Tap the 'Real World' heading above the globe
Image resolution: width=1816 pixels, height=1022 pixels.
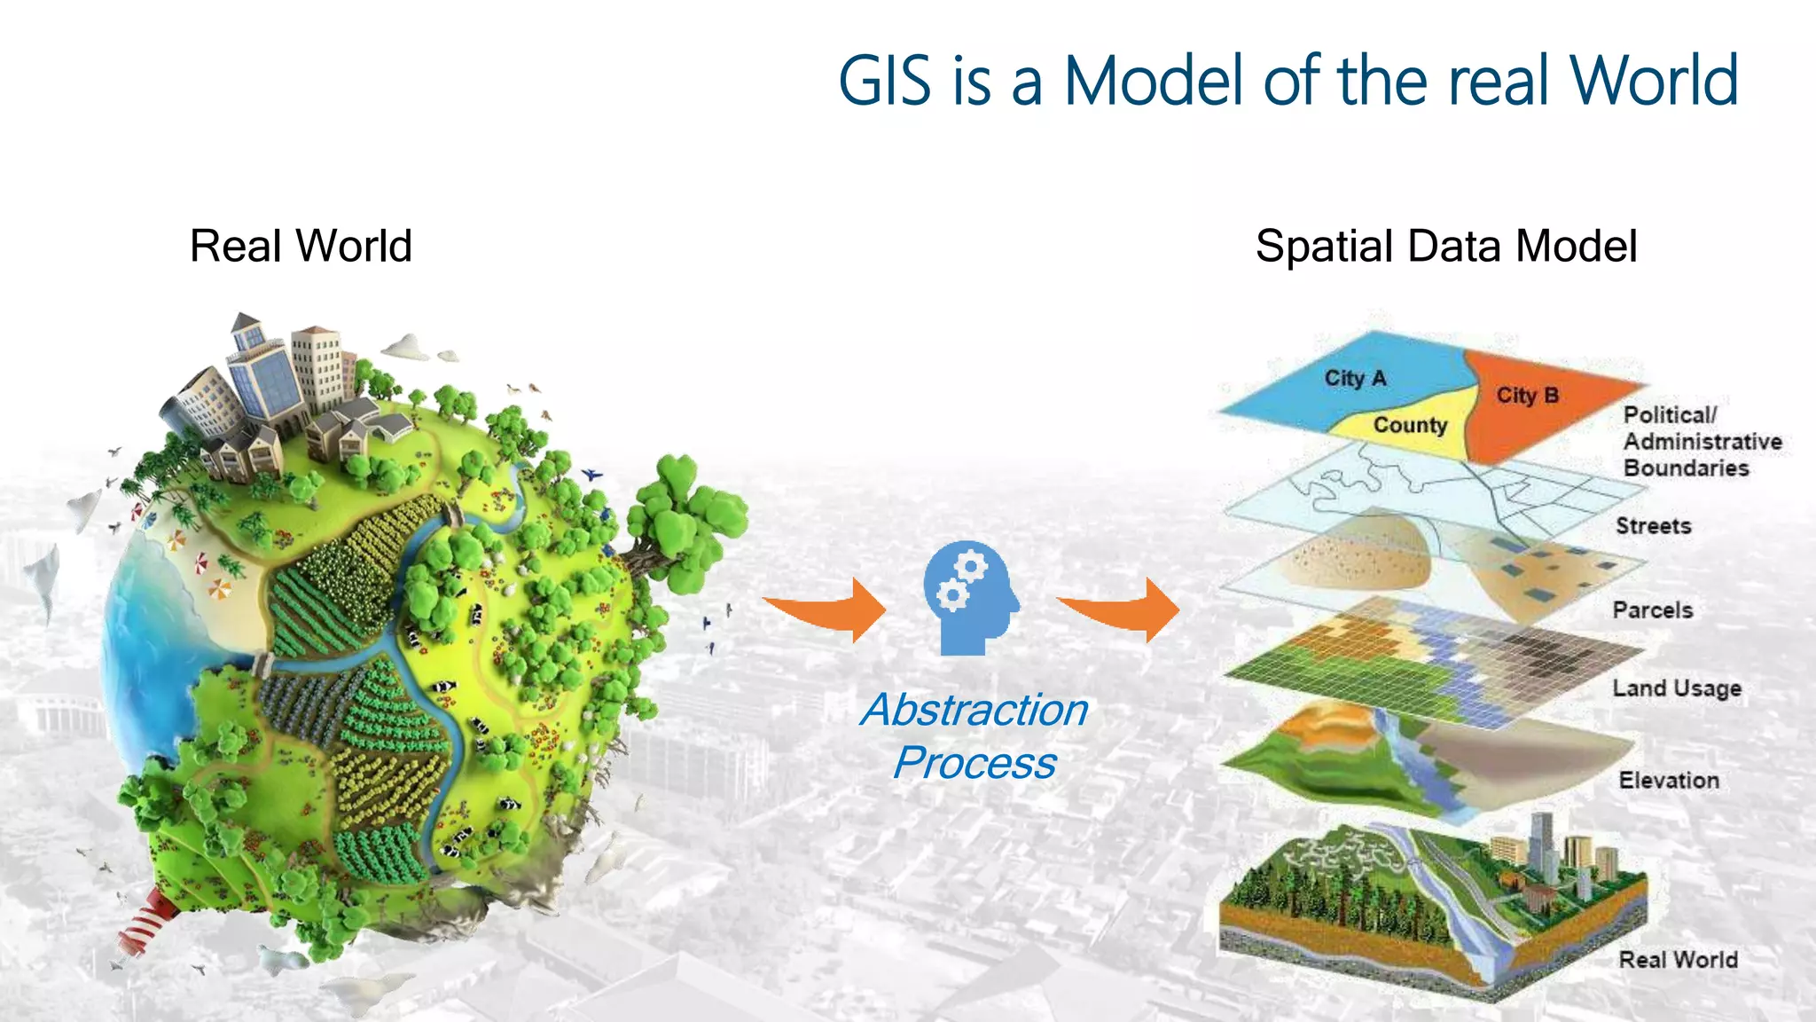[301, 246]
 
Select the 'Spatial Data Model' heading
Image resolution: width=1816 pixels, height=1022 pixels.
[1445, 246]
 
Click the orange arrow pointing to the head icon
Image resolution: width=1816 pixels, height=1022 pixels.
[829, 609]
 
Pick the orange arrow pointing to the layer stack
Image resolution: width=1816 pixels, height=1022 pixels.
[1123, 609]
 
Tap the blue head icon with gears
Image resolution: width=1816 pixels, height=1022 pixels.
[969, 597]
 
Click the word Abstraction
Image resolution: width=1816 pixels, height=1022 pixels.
[974, 710]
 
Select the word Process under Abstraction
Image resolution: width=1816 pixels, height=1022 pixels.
[974, 763]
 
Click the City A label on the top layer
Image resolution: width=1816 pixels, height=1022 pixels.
[1354, 379]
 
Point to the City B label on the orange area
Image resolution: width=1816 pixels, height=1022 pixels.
[1527, 396]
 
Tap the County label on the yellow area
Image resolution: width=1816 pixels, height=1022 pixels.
[1409, 425]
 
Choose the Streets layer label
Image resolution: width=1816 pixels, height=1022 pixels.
[1653, 526]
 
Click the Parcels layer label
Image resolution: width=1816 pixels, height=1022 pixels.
[1652, 610]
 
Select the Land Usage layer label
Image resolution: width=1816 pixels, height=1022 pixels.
[1676, 688]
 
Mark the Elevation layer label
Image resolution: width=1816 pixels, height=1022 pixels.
[1668, 781]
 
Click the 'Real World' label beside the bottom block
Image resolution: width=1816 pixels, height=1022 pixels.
[1678, 960]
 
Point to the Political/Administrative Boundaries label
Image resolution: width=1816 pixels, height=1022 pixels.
[1701, 442]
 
